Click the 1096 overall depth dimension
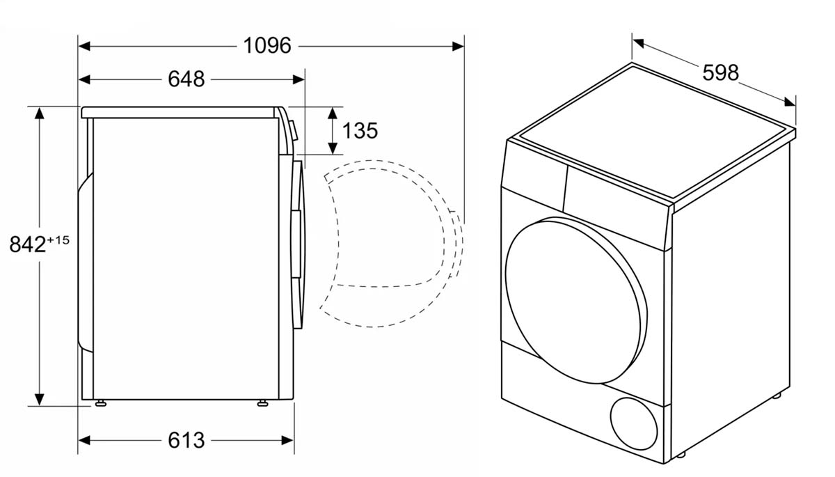[267, 46]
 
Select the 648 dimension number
[186, 79]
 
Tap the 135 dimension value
[360, 130]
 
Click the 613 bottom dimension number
[186, 440]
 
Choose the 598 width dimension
[719, 72]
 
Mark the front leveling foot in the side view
[264, 403]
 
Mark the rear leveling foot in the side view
[102, 403]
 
